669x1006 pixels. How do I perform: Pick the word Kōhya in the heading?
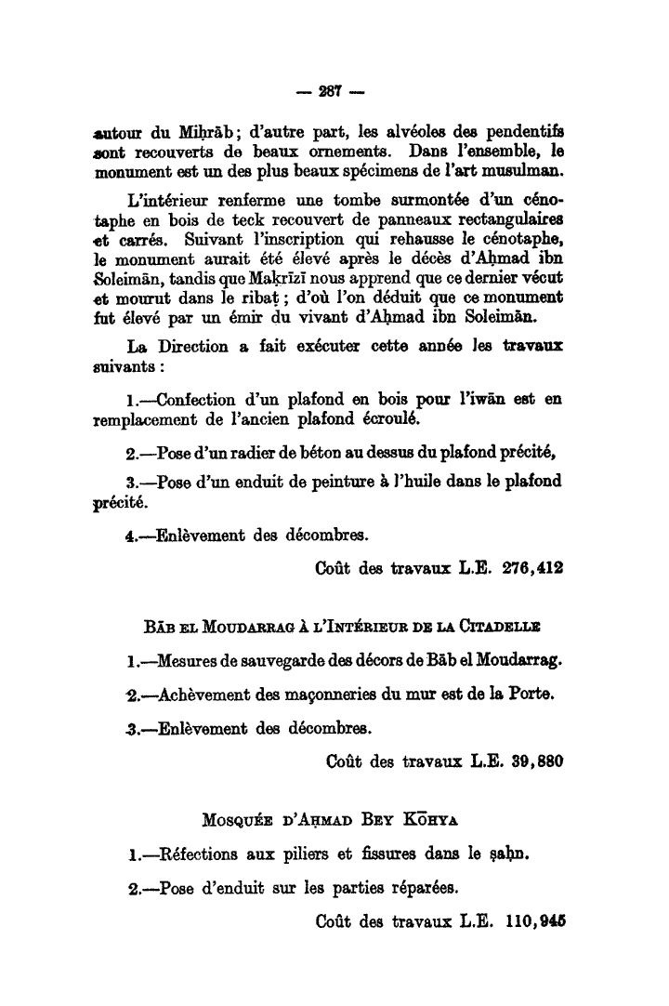click(439, 820)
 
